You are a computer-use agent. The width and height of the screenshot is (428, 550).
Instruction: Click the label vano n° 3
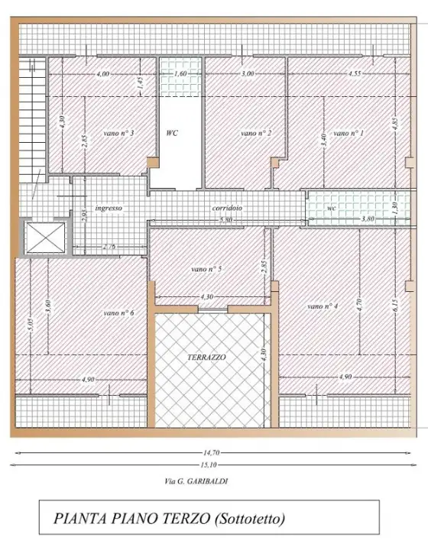point(119,133)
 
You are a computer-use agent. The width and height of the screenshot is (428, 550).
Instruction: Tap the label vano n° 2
point(257,133)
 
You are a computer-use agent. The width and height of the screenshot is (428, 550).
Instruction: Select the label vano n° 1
point(349,133)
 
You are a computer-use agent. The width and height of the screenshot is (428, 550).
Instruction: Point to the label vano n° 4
point(323,306)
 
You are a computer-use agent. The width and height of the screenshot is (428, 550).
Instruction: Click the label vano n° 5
point(206,269)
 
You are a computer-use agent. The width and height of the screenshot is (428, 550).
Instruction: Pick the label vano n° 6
point(119,312)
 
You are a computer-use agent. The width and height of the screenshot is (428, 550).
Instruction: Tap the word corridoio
point(227,208)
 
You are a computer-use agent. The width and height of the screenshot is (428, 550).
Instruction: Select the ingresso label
point(109,208)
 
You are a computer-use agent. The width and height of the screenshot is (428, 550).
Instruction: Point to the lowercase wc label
point(331,208)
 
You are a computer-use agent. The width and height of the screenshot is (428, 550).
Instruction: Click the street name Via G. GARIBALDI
point(196,481)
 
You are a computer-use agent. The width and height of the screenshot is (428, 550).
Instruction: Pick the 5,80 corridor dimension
point(226,220)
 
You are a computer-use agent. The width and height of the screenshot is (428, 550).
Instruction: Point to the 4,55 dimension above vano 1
point(355,74)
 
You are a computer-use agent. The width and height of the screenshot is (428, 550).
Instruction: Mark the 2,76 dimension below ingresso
point(109,247)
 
